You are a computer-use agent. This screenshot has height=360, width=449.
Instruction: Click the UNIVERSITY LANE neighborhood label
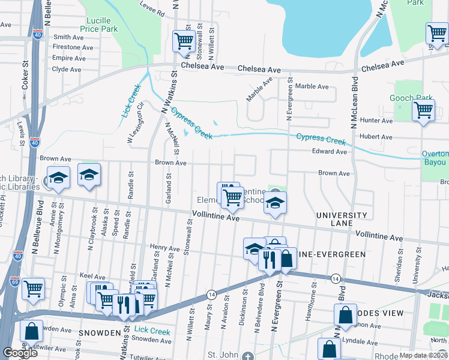coord(343,219)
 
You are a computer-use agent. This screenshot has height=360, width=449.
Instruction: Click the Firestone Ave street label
coord(73,47)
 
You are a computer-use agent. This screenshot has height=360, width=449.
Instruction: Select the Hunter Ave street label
coord(376,121)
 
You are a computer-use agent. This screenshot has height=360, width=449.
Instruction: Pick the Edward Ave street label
coord(330,152)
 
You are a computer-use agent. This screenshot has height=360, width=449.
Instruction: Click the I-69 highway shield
coord(14,280)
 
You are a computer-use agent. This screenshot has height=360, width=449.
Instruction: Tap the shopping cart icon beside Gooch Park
coord(424,111)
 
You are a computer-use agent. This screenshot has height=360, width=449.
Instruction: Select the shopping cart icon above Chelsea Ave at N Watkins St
coord(184,41)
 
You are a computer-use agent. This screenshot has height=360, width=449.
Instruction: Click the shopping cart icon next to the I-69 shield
coord(33,289)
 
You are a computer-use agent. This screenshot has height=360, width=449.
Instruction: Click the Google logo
coord(20,353)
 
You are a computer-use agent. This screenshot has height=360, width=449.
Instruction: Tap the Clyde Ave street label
coord(67,69)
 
